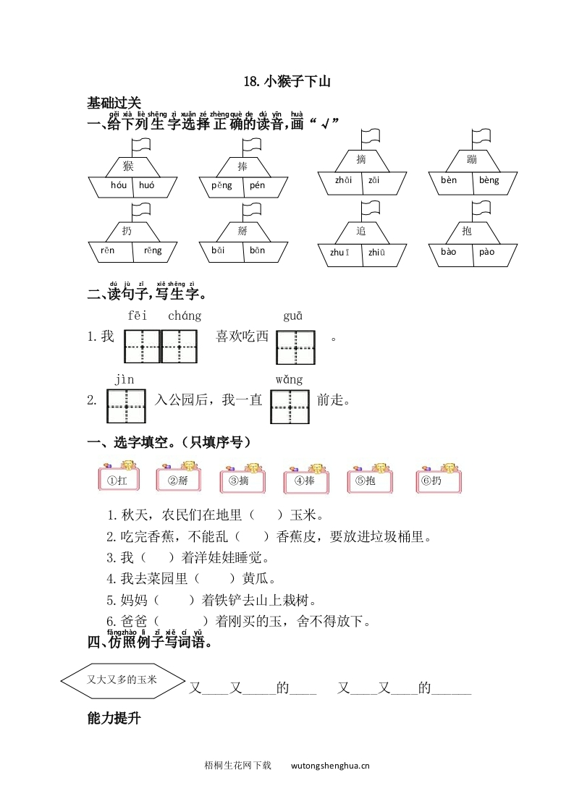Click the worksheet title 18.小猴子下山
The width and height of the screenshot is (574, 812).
point(287,82)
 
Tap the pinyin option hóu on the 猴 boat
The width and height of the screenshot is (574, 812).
point(118,186)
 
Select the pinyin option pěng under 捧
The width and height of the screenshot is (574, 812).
point(221,185)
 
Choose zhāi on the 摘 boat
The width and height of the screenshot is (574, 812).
point(343,180)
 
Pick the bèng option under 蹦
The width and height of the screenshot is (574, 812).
point(489,180)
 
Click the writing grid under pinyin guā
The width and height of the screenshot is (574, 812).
point(295,347)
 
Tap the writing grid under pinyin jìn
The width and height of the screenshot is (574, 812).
point(126,407)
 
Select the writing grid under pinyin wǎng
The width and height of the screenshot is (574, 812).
point(290,407)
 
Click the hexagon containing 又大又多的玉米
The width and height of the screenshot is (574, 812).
point(121,680)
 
